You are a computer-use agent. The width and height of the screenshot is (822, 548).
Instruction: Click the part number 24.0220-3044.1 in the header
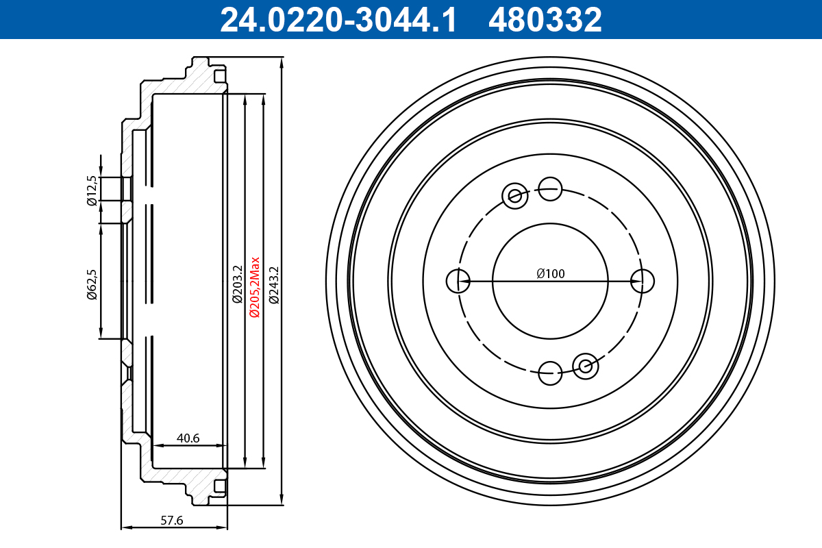pos(338,20)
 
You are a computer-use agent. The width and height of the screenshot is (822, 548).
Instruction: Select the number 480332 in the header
pos(545,20)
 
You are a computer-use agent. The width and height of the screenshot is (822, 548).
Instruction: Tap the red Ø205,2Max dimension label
pos(254,286)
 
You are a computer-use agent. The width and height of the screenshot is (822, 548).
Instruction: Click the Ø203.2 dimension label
pos(237,284)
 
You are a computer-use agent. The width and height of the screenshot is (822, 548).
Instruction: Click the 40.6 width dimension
pos(187,438)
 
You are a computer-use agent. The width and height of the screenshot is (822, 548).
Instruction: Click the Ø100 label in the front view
pos(551,273)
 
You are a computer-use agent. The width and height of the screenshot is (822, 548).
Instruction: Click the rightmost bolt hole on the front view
pos(643,280)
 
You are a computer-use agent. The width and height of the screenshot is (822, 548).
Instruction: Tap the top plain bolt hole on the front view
pos(550,188)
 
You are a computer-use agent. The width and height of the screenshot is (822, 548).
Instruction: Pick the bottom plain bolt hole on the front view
pos(550,373)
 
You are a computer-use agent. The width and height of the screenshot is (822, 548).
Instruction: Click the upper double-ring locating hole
pos(514,196)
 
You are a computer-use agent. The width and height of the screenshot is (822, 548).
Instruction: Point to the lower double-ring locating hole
pos(586,366)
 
